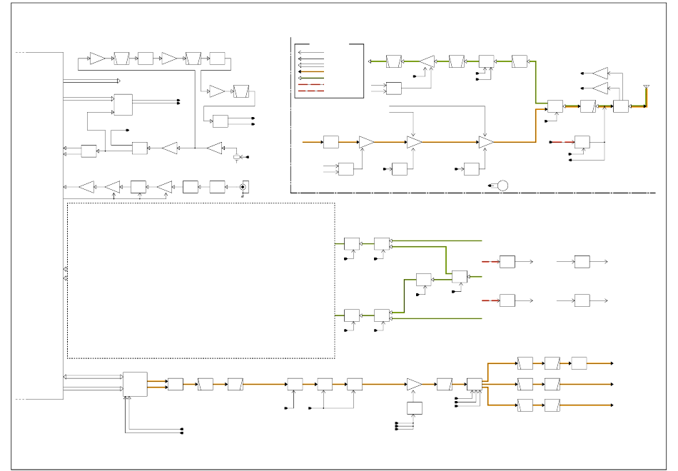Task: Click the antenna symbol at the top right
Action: pos(646,88)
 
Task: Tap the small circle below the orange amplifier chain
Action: pos(502,186)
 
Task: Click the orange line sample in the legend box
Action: pos(312,71)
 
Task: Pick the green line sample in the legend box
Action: pos(312,78)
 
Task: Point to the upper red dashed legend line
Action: pos(312,84)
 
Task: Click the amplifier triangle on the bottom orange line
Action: pos(414,384)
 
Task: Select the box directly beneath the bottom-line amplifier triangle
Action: pos(414,407)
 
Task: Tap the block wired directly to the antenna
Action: pos(621,106)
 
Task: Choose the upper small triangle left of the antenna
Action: pos(601,73)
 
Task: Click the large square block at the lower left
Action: pos(135,384)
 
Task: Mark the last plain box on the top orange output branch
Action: pos(579,363)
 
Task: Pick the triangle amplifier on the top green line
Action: pos(427,61)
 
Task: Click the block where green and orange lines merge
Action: pos(555,106)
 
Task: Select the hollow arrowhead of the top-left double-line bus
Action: pos(118,81)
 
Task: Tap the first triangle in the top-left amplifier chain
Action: pos(97,59)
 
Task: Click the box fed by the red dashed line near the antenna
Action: pos(582,142)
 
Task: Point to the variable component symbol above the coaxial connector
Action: pos(237,157)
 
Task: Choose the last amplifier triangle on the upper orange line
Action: pos(486,142)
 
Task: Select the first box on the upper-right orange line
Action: pos(330,142)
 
